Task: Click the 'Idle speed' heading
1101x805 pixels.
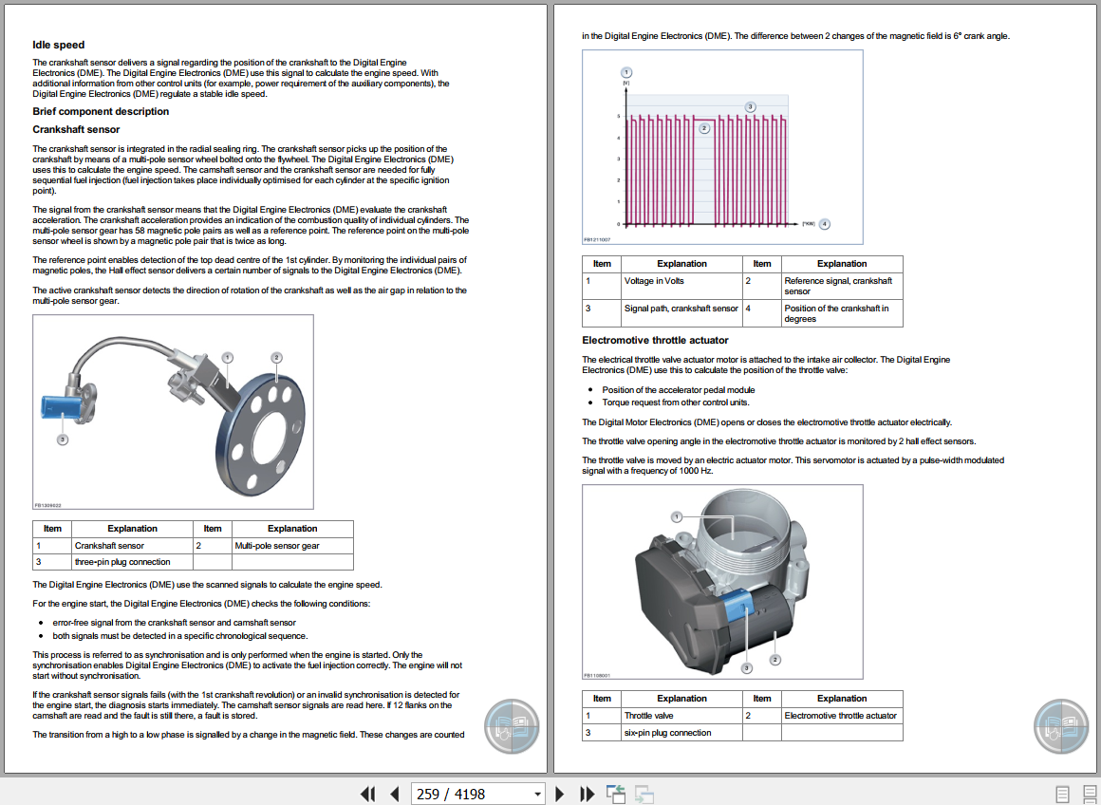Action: click(x=58, y=45)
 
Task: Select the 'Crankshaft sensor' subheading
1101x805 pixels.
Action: click(x=76, y=129)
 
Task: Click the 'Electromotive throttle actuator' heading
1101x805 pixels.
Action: click(x=655, y=340)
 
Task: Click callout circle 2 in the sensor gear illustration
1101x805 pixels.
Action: click(x=276, y=358)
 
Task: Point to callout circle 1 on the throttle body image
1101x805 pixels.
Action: click(x=677, y=516)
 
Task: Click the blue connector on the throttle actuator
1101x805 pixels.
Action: click(x=737, y=608)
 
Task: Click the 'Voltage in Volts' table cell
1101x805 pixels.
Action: click(x=654, y=281)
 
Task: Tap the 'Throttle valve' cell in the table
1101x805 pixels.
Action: click(x=649, y=716)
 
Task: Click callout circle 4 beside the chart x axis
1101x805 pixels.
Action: click(x=825, y=224)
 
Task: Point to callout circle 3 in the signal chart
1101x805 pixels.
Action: click(x=750, y=106)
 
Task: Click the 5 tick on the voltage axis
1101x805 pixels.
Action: click(x=619, y=116)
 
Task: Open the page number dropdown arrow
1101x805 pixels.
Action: click(x=538, y=794)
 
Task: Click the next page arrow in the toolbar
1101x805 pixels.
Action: click(x=560, y=794)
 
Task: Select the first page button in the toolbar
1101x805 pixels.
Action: click(x=367, y=794)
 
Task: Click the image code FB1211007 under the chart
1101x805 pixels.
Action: click(x=598, y=240)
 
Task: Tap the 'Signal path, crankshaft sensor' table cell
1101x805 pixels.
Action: click(x=681, y=309)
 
